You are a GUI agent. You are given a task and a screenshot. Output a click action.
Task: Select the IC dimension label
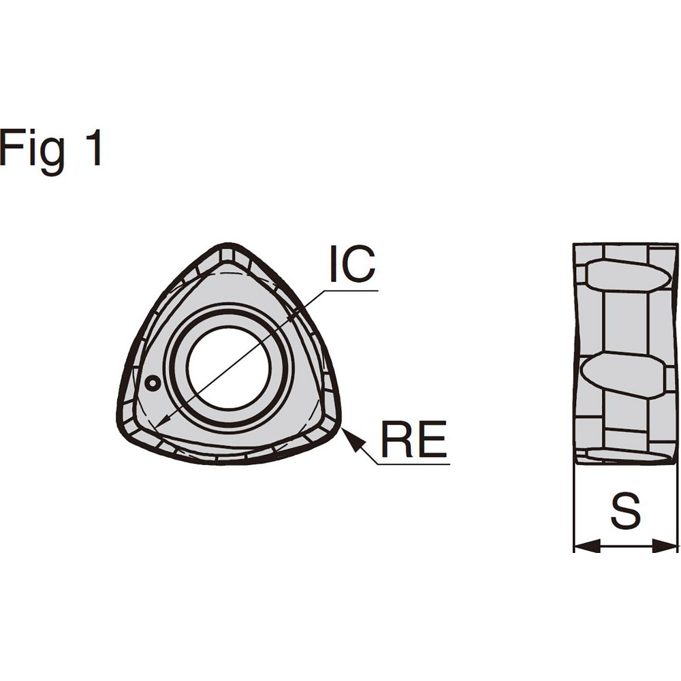coord(352,265)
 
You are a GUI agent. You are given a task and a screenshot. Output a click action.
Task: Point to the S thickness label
coord(625,511)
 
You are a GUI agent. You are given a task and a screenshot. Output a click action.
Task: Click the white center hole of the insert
coord(229,368)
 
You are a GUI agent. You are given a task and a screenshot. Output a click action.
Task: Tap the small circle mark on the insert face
coord(153,383)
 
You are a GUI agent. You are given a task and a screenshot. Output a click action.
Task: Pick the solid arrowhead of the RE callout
coord(351,437)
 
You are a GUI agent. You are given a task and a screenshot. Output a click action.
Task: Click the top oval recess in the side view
coord(627,276)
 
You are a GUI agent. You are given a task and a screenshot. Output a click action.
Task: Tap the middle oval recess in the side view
coord(623,375)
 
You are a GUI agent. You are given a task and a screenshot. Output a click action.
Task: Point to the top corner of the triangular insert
coord(228,247)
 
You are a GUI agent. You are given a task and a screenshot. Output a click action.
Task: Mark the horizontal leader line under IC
coord(351,291)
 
